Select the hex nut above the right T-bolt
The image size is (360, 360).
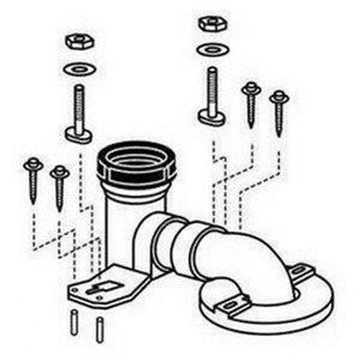[212, 24]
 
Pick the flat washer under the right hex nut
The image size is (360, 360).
[212, 50]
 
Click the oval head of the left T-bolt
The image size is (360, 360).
[78, 134]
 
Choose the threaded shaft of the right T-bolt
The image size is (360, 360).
[212, 86]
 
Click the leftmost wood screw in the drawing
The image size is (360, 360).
[33, 180]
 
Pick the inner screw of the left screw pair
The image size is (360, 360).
[59, 187]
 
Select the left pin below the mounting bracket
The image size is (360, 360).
[74, 322]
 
